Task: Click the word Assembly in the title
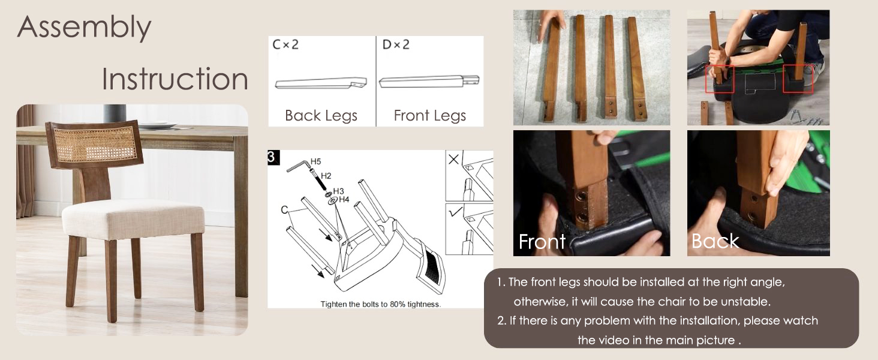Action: tap(85, 28)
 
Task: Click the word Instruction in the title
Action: tap(175, 79)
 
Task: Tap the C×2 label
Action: tap(285, 45)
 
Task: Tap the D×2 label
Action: tap(396, 45)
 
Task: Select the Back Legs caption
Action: tap(321, 116)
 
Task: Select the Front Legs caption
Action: tap(430, 116)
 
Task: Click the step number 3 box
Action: tap(273, 157)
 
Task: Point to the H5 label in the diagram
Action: tap(315, 161)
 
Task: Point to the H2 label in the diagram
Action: tap(326, 176)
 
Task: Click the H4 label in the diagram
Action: tap(344, 200)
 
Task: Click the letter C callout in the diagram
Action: tap(284, 210)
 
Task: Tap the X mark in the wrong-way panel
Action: tap(453, 159)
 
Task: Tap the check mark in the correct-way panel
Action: tap(455, 212)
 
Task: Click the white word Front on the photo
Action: tap(542, 242)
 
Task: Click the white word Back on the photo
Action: tap(715, 241)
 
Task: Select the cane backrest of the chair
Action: tap(95, 145)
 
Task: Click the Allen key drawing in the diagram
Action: tap(298, 165)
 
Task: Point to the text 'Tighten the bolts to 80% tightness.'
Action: tap(381, 304)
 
